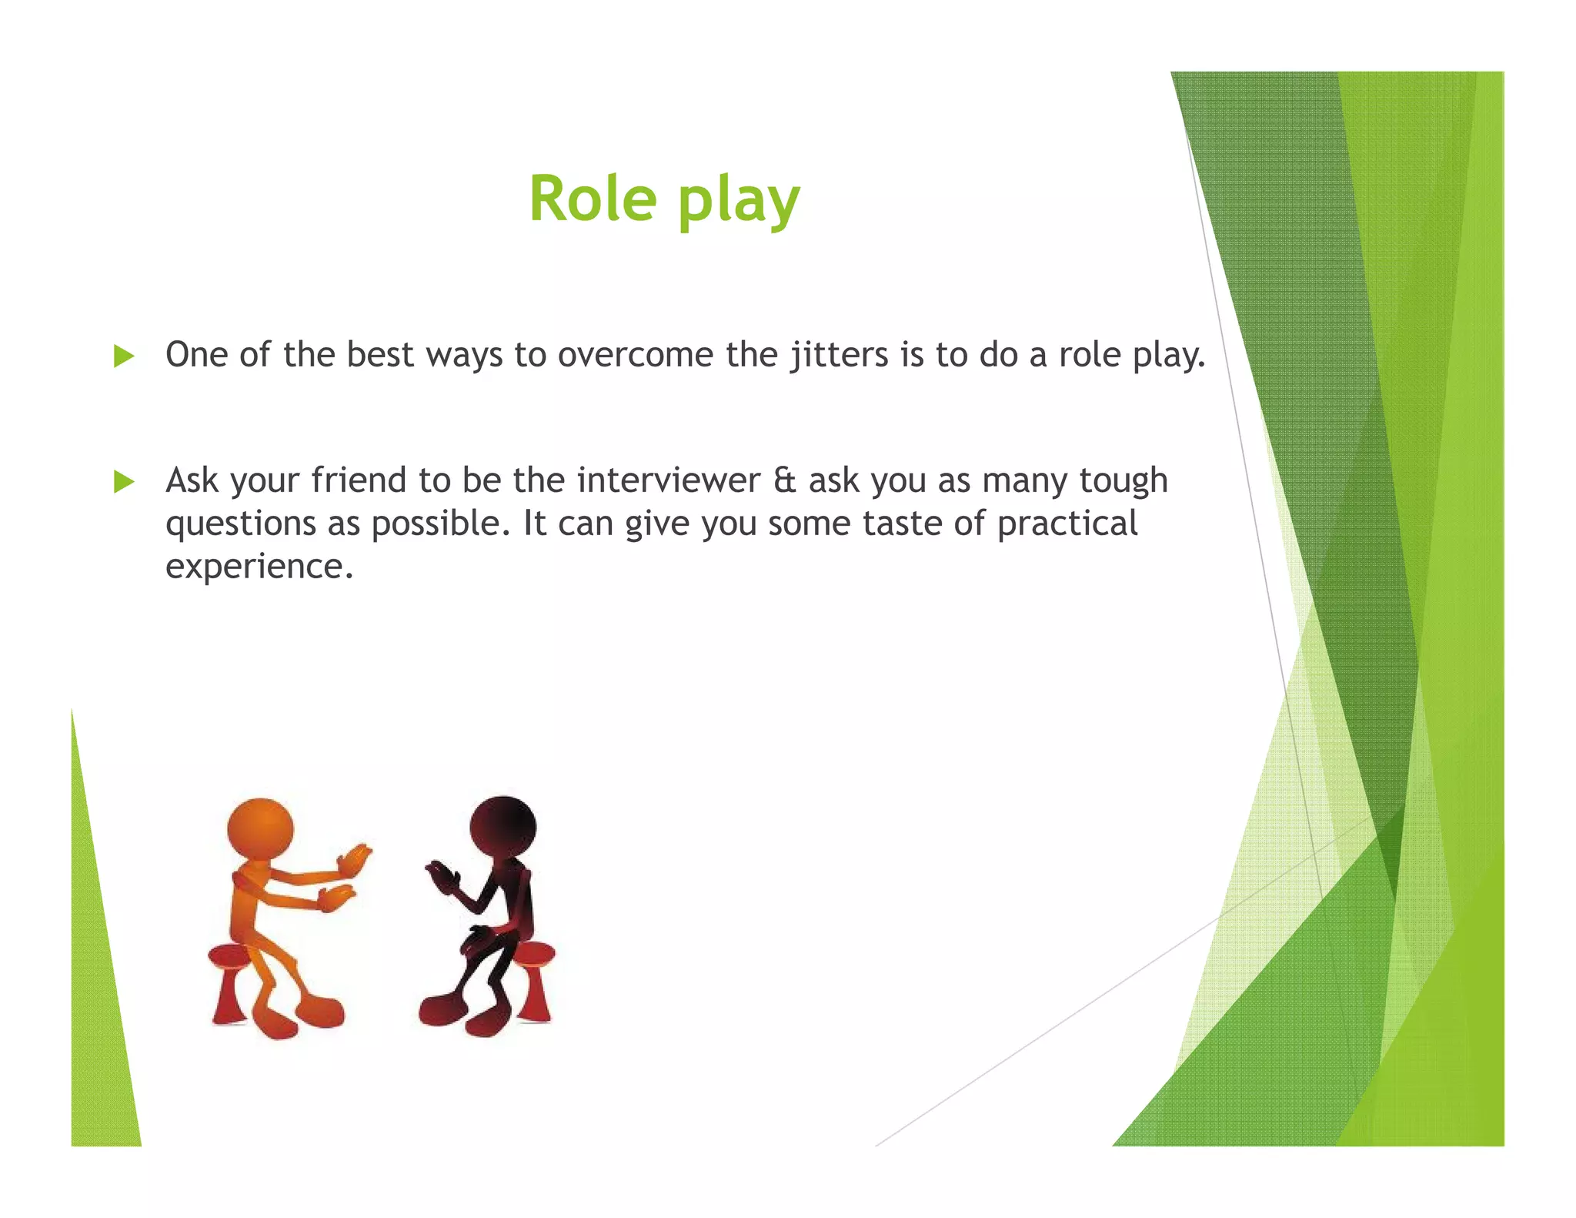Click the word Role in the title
(x=592, y=199)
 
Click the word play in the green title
(x=739, y=202)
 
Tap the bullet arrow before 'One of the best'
(x=124, y=356)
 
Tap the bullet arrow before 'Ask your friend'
(x=124, y=482)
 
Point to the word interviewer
(x=669, y=480)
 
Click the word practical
(x=1067, y=524)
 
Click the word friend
(x=359, y=480)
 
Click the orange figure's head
(x=260, y=828)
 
